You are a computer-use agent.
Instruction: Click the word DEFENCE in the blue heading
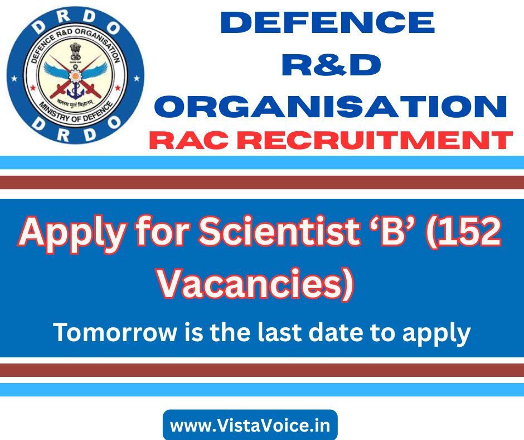(x=328, y=22)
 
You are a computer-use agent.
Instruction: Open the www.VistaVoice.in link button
(x=250, y=425)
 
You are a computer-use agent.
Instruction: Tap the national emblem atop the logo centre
(x=76, y=52)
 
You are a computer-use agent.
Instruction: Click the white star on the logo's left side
(x=14, y=79)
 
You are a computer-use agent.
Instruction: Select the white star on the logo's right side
(x=137, y=79)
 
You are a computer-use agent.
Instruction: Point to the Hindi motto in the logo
(x=75, y=103)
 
